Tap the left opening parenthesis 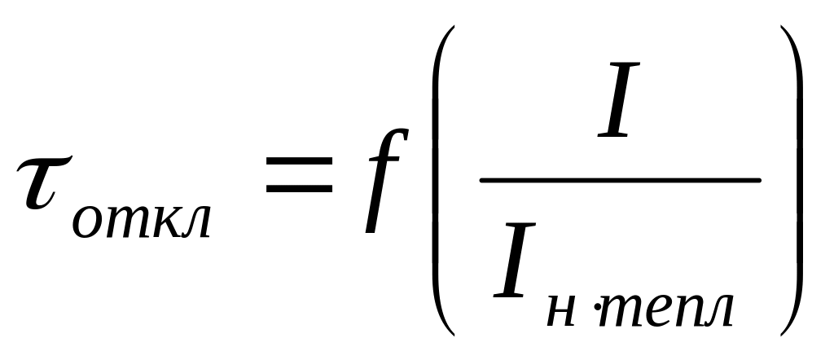(x=441, y=179)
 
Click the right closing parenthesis (x=792, y=179)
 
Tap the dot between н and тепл (x=595, y=310)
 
